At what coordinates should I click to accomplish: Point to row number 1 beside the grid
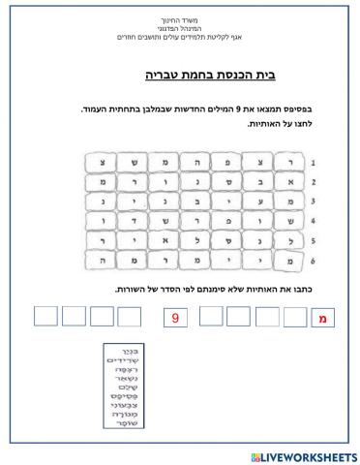pos(313,162)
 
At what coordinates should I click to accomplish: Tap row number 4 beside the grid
pos(313,222)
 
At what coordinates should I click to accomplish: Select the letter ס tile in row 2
pos(228,181)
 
